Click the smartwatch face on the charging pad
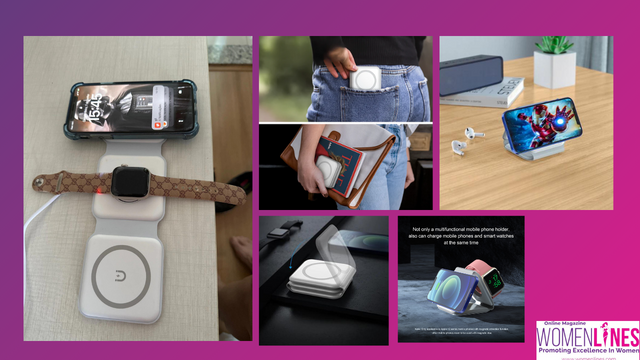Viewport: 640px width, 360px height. pyautogui.click(x=129, y=181)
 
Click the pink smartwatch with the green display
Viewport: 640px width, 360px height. pyautogui.click(x=491, y=276)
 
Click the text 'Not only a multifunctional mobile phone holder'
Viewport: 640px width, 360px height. pyautogui.click(x=459, y=229)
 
